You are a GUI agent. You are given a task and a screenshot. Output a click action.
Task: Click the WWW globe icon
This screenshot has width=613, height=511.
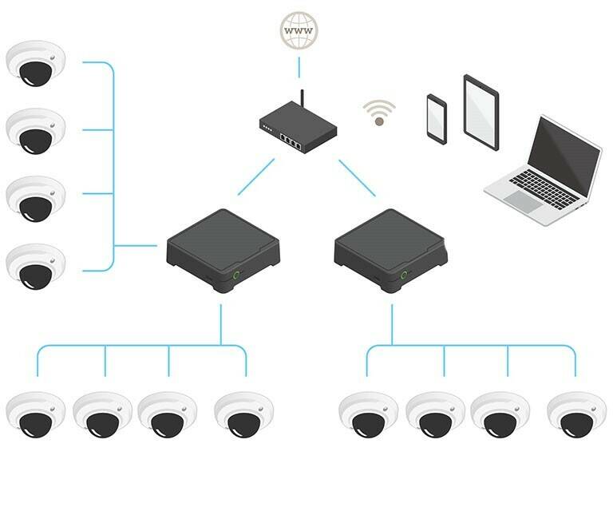299,31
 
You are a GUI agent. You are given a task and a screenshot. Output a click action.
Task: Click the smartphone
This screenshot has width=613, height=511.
437,120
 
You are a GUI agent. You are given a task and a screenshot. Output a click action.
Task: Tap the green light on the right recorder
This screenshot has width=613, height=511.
404,275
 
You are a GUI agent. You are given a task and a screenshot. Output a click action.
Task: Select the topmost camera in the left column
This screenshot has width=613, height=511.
36,65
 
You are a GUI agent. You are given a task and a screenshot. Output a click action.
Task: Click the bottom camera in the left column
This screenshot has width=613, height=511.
36,265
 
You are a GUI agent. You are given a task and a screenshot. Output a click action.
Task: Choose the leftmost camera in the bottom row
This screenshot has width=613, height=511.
36,414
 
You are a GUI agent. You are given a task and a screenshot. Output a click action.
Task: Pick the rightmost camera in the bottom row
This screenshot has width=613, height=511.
576,414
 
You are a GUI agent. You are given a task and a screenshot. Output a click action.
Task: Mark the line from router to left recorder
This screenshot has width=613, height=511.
255,176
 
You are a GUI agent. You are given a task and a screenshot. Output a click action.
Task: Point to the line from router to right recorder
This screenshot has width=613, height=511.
357,176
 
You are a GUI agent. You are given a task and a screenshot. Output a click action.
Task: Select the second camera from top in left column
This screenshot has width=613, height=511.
36,130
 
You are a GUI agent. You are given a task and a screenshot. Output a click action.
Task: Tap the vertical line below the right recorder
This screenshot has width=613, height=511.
392,323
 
